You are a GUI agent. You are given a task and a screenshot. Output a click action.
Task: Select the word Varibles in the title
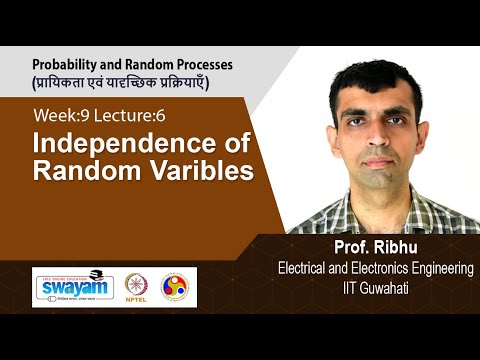pyautogui.click(x=199, y=171)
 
